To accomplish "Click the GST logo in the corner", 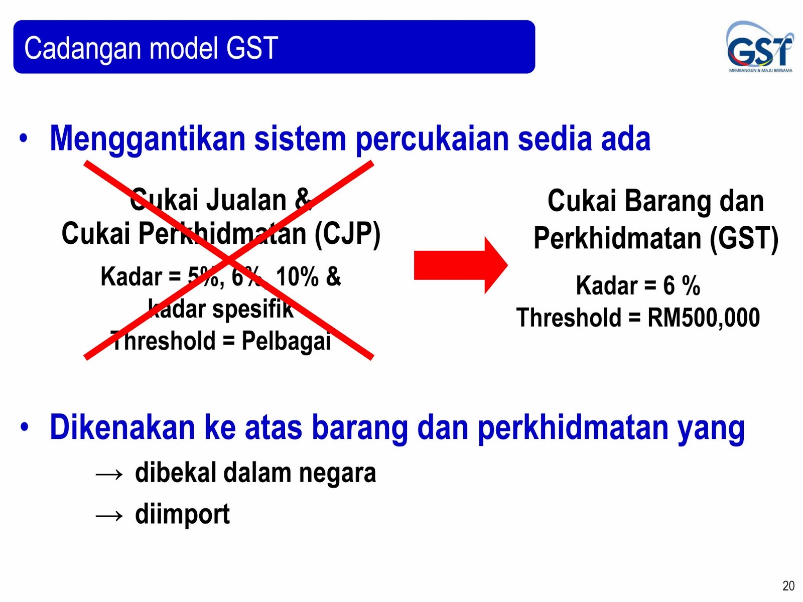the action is coord(760,47).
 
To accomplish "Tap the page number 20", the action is coord(788,585).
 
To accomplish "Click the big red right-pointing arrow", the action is coord(461,265).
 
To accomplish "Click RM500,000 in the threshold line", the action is coord(704,317).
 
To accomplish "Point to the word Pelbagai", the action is coord(286,341).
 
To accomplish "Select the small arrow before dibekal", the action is coord(109,475).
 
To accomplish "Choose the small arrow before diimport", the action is coord(109,516).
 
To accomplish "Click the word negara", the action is coord(337,474).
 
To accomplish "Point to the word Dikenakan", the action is coord(122,427).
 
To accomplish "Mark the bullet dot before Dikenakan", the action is coord(24,427).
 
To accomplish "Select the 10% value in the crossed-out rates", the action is coord(298,277).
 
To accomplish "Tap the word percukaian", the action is coord(432,140).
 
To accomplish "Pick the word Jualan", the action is coord(246,200).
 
